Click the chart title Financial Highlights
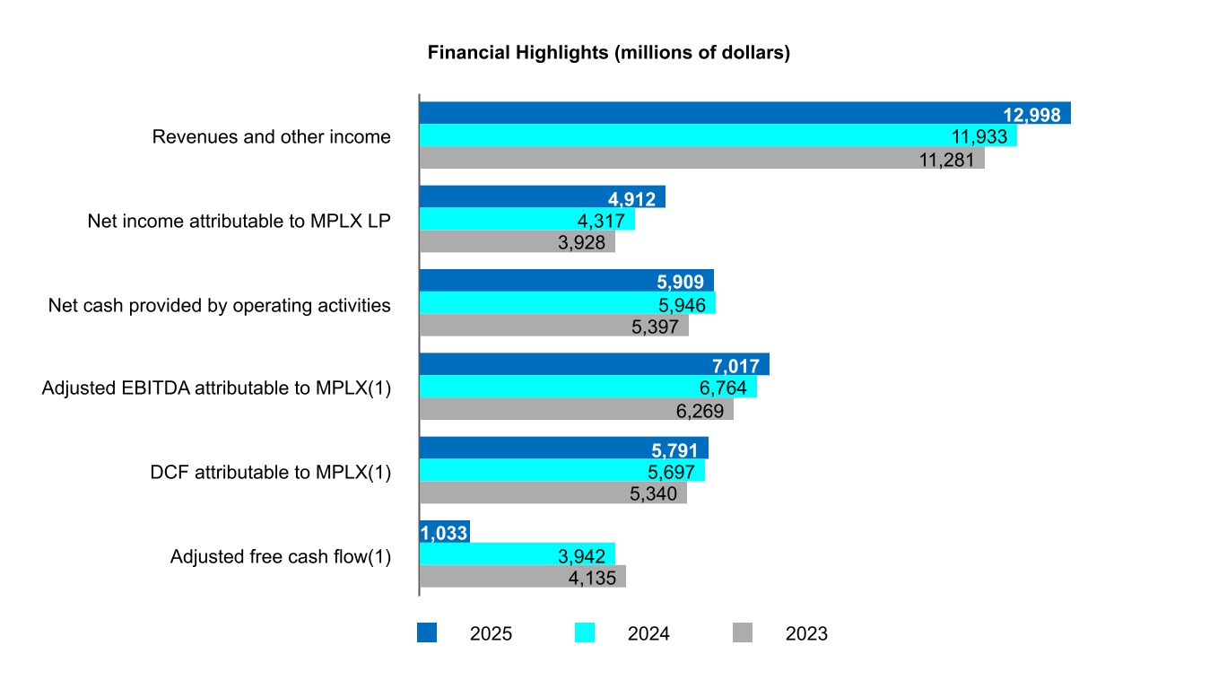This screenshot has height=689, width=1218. point(608,53)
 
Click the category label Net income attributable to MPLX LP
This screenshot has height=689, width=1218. point(239,221)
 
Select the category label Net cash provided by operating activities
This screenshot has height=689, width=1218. point(220,305)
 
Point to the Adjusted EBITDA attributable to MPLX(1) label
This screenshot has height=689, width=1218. point(216,388)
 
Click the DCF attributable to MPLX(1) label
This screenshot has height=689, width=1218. point(271,472)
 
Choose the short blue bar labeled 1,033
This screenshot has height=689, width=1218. point(444,533)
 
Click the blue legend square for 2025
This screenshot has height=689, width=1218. point(427,633)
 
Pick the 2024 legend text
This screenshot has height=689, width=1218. point(648,634)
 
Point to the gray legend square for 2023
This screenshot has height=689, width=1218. point(743,633)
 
